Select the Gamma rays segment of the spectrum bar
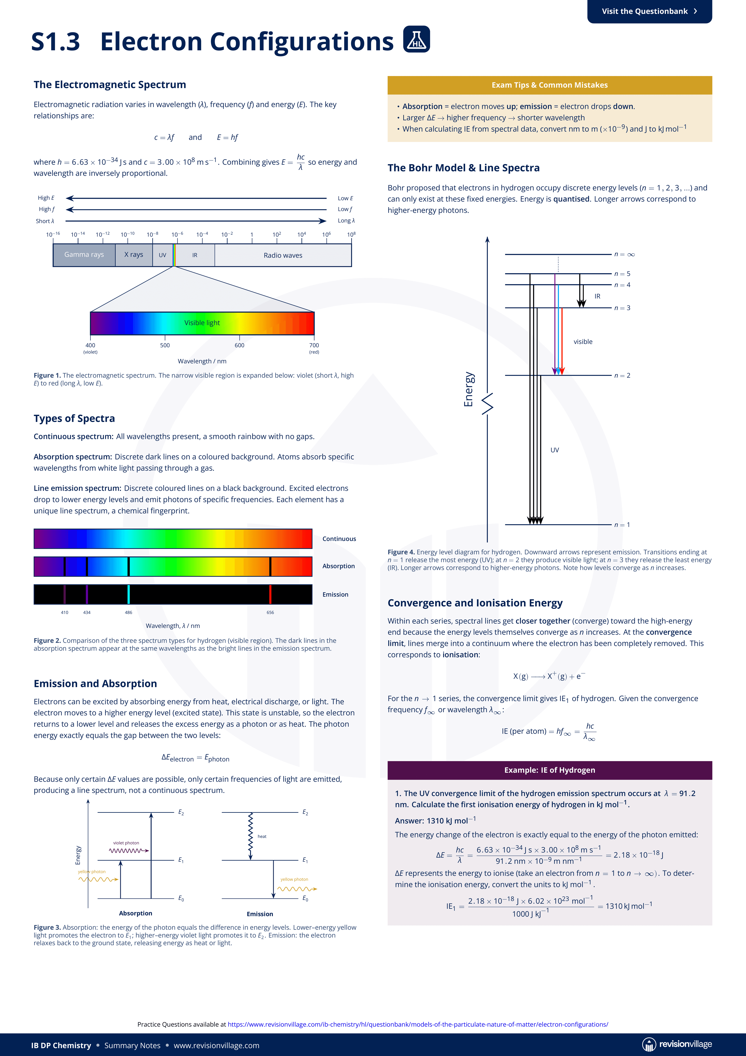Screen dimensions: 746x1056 tap(84, 255)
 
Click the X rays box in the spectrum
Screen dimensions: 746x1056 tap(134, 255)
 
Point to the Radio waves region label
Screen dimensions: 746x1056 tap(283, 255)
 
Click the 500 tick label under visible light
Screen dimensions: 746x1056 tap(165, 345)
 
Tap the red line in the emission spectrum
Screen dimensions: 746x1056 tap(270, 594)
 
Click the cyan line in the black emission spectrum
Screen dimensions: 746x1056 tap(129, 594)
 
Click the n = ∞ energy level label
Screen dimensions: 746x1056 tap(625, 254)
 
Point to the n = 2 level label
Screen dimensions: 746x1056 tap(622, 376)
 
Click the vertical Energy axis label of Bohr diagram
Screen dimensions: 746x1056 tap(468, 389)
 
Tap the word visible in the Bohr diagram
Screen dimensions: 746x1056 tap(583, 342)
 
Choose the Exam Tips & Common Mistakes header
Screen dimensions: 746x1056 tap(550, 85)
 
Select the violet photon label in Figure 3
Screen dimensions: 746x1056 tap(126, 843)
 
